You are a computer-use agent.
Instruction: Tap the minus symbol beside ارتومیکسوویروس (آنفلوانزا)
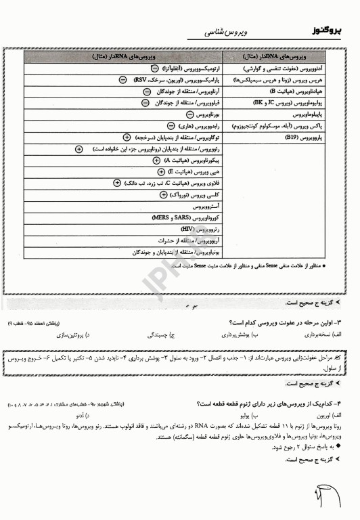[x=155, y=69]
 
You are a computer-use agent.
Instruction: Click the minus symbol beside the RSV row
[x=122, y=80]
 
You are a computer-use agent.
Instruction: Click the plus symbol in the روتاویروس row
[x=79, y=148]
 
